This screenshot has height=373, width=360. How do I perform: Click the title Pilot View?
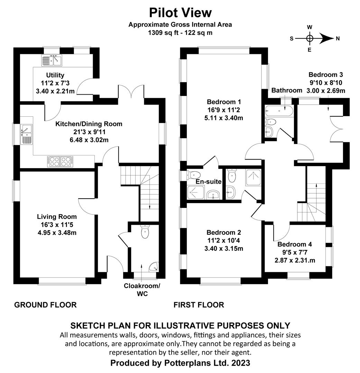coord(180,13)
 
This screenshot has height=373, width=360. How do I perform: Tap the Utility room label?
coord(55,75)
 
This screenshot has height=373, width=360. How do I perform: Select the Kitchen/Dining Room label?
coord(89,124)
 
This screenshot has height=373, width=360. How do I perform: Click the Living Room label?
coord(57,217)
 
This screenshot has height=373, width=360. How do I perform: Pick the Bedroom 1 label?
coord(224,102)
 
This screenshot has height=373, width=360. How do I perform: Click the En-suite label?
coord(204,182)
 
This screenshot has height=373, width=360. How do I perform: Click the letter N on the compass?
coord(338,38)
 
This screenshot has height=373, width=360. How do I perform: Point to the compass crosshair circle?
coord(310,38)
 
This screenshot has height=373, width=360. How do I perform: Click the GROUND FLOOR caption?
coord(45,305)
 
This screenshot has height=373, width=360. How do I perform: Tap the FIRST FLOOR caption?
coord(199,305)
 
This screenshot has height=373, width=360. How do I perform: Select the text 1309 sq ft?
coord(162,33)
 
